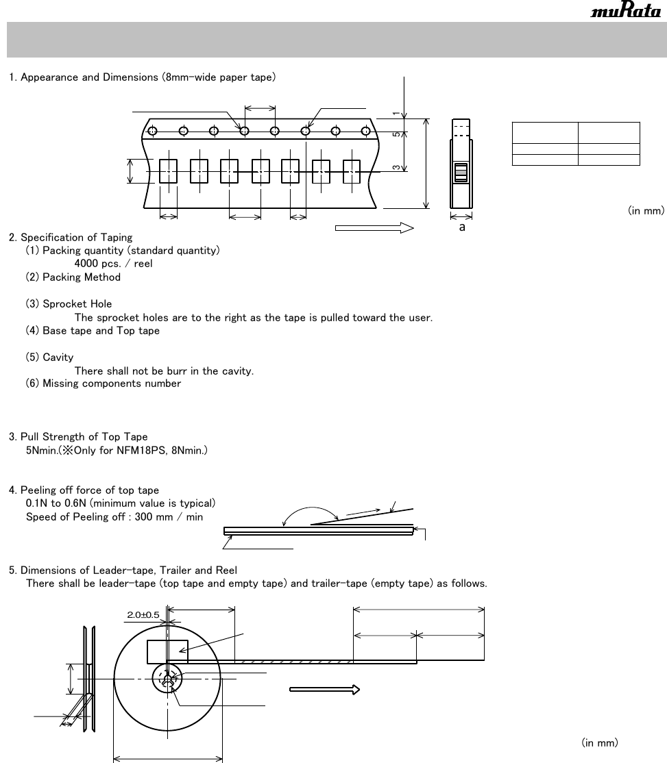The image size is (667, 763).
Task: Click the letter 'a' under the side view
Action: point(462,227)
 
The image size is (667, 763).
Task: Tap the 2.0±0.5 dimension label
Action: point(143,615)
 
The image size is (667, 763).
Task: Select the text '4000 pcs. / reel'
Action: point(113,264)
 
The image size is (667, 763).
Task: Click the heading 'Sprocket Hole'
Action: point(77,304)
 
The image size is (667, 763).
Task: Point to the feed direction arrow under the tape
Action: point(374,228)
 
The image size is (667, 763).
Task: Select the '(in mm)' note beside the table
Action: point(646,212)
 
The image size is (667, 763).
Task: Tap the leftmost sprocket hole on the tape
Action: point(153,131)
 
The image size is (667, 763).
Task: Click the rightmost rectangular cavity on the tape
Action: point(352,171)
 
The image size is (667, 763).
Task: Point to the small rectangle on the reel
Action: point(167,652)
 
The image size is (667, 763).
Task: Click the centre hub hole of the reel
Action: point(168,677)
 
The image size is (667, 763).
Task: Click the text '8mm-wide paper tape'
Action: point(219,77)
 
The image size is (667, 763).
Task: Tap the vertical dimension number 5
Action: point(396,134)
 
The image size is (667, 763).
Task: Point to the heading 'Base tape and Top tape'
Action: point(101,331)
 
